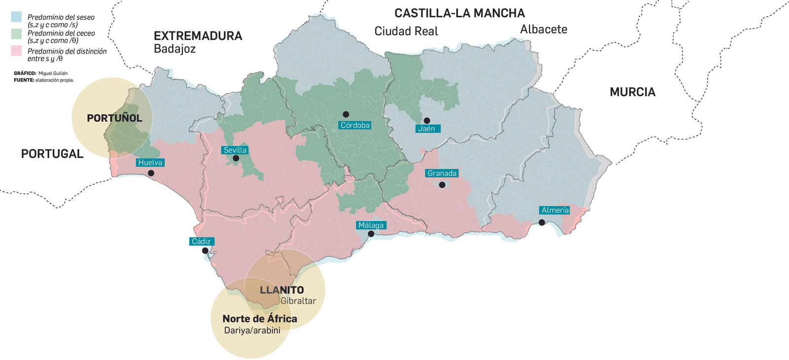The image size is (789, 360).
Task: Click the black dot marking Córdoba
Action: [x=346, y=114]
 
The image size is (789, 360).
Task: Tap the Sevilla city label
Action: [x=235, y=150]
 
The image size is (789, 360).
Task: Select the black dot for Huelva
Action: [x=151, y=173]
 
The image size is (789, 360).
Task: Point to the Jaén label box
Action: [x=427, y=129]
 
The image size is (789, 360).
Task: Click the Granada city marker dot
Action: [x=442, y=185]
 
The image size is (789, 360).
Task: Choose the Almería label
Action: [x=555, y=210]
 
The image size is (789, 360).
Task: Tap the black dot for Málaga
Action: [x=371, y=234]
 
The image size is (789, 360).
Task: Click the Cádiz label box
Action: [x=201, y=241]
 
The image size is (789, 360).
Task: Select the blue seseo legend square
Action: [x=16, y=17]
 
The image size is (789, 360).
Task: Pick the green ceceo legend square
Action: [x=16, y=34]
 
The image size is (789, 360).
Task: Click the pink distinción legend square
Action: [x=16, y=51]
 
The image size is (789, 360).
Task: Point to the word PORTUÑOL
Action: [x=114, y=118]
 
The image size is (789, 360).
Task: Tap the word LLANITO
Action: [x=282, y=290]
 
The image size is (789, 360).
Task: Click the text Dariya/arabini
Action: [x=252, y=330]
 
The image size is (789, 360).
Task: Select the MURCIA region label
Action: [x=632, y=92]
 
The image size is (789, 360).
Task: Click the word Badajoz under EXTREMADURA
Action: [x=175, y=49]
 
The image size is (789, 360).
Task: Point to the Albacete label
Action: [x=543, y=30]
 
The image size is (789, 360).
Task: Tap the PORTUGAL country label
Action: [x=52, y=154]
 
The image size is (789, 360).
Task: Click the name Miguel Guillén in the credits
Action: [x=53, y=73]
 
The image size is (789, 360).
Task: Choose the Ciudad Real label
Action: [x=406, y=32]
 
